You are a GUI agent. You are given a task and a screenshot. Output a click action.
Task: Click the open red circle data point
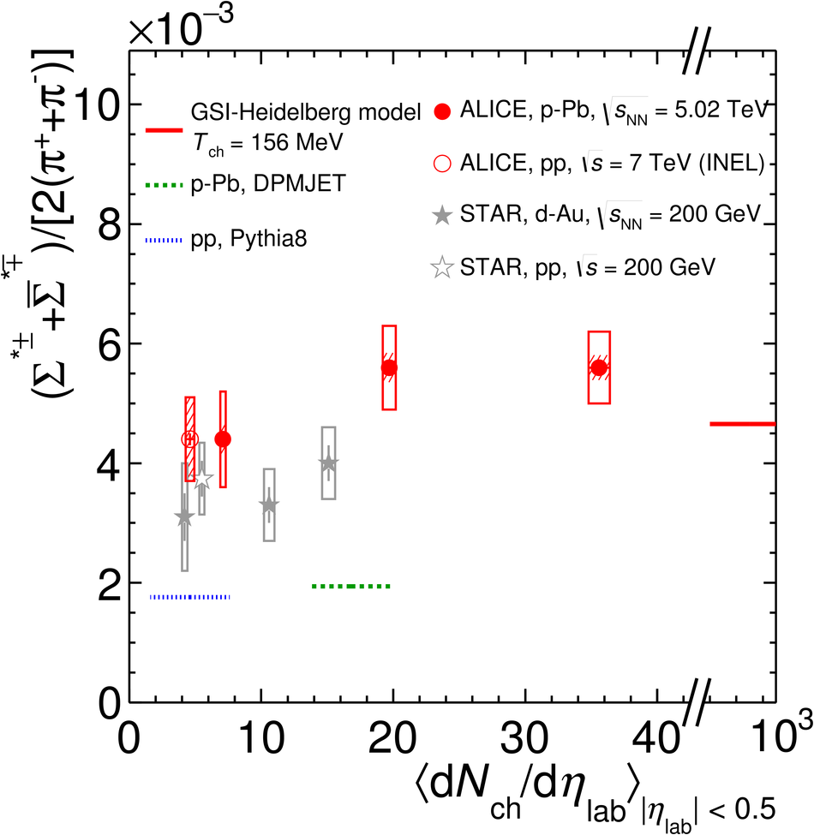click(189, 439)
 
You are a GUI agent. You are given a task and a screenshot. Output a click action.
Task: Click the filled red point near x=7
click(223, 439)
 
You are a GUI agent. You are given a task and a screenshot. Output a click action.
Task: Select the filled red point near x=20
click(389, 368)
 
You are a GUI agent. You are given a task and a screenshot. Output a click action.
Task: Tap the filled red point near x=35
click(599, 367)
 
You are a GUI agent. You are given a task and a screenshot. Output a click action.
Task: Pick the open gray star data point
click(202, 480)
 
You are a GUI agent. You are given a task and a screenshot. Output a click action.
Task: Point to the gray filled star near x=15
click(328, 463)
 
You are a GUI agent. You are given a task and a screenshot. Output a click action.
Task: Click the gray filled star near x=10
click(269, 505)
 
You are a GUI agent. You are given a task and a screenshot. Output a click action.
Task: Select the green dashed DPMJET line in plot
click(351, 587)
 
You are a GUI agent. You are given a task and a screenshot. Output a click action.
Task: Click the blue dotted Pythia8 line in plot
click(189, 597)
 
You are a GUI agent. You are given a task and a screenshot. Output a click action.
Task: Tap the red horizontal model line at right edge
click(742, 424)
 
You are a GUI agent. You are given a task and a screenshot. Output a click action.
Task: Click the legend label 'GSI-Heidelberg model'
click(306, 112)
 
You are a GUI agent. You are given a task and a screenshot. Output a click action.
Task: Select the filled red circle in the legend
click(443, 111)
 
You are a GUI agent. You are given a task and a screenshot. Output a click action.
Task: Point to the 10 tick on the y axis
click(98, 105)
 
